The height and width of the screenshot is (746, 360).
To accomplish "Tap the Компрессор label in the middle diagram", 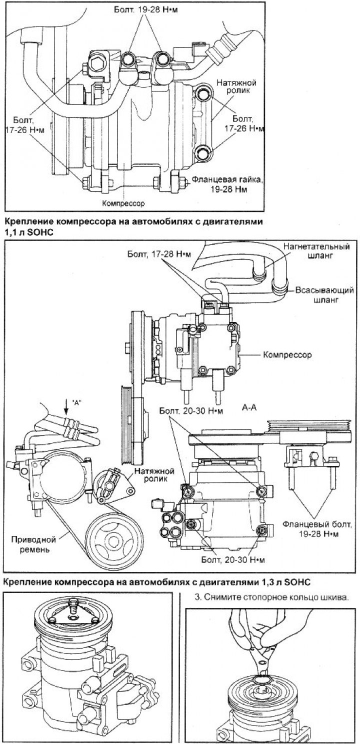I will (287, 355).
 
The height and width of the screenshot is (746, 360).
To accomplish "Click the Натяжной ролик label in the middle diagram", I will (151, 475).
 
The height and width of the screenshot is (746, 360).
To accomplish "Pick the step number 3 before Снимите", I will (194, 597).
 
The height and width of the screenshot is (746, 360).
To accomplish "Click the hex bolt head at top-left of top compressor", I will (97, 63).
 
